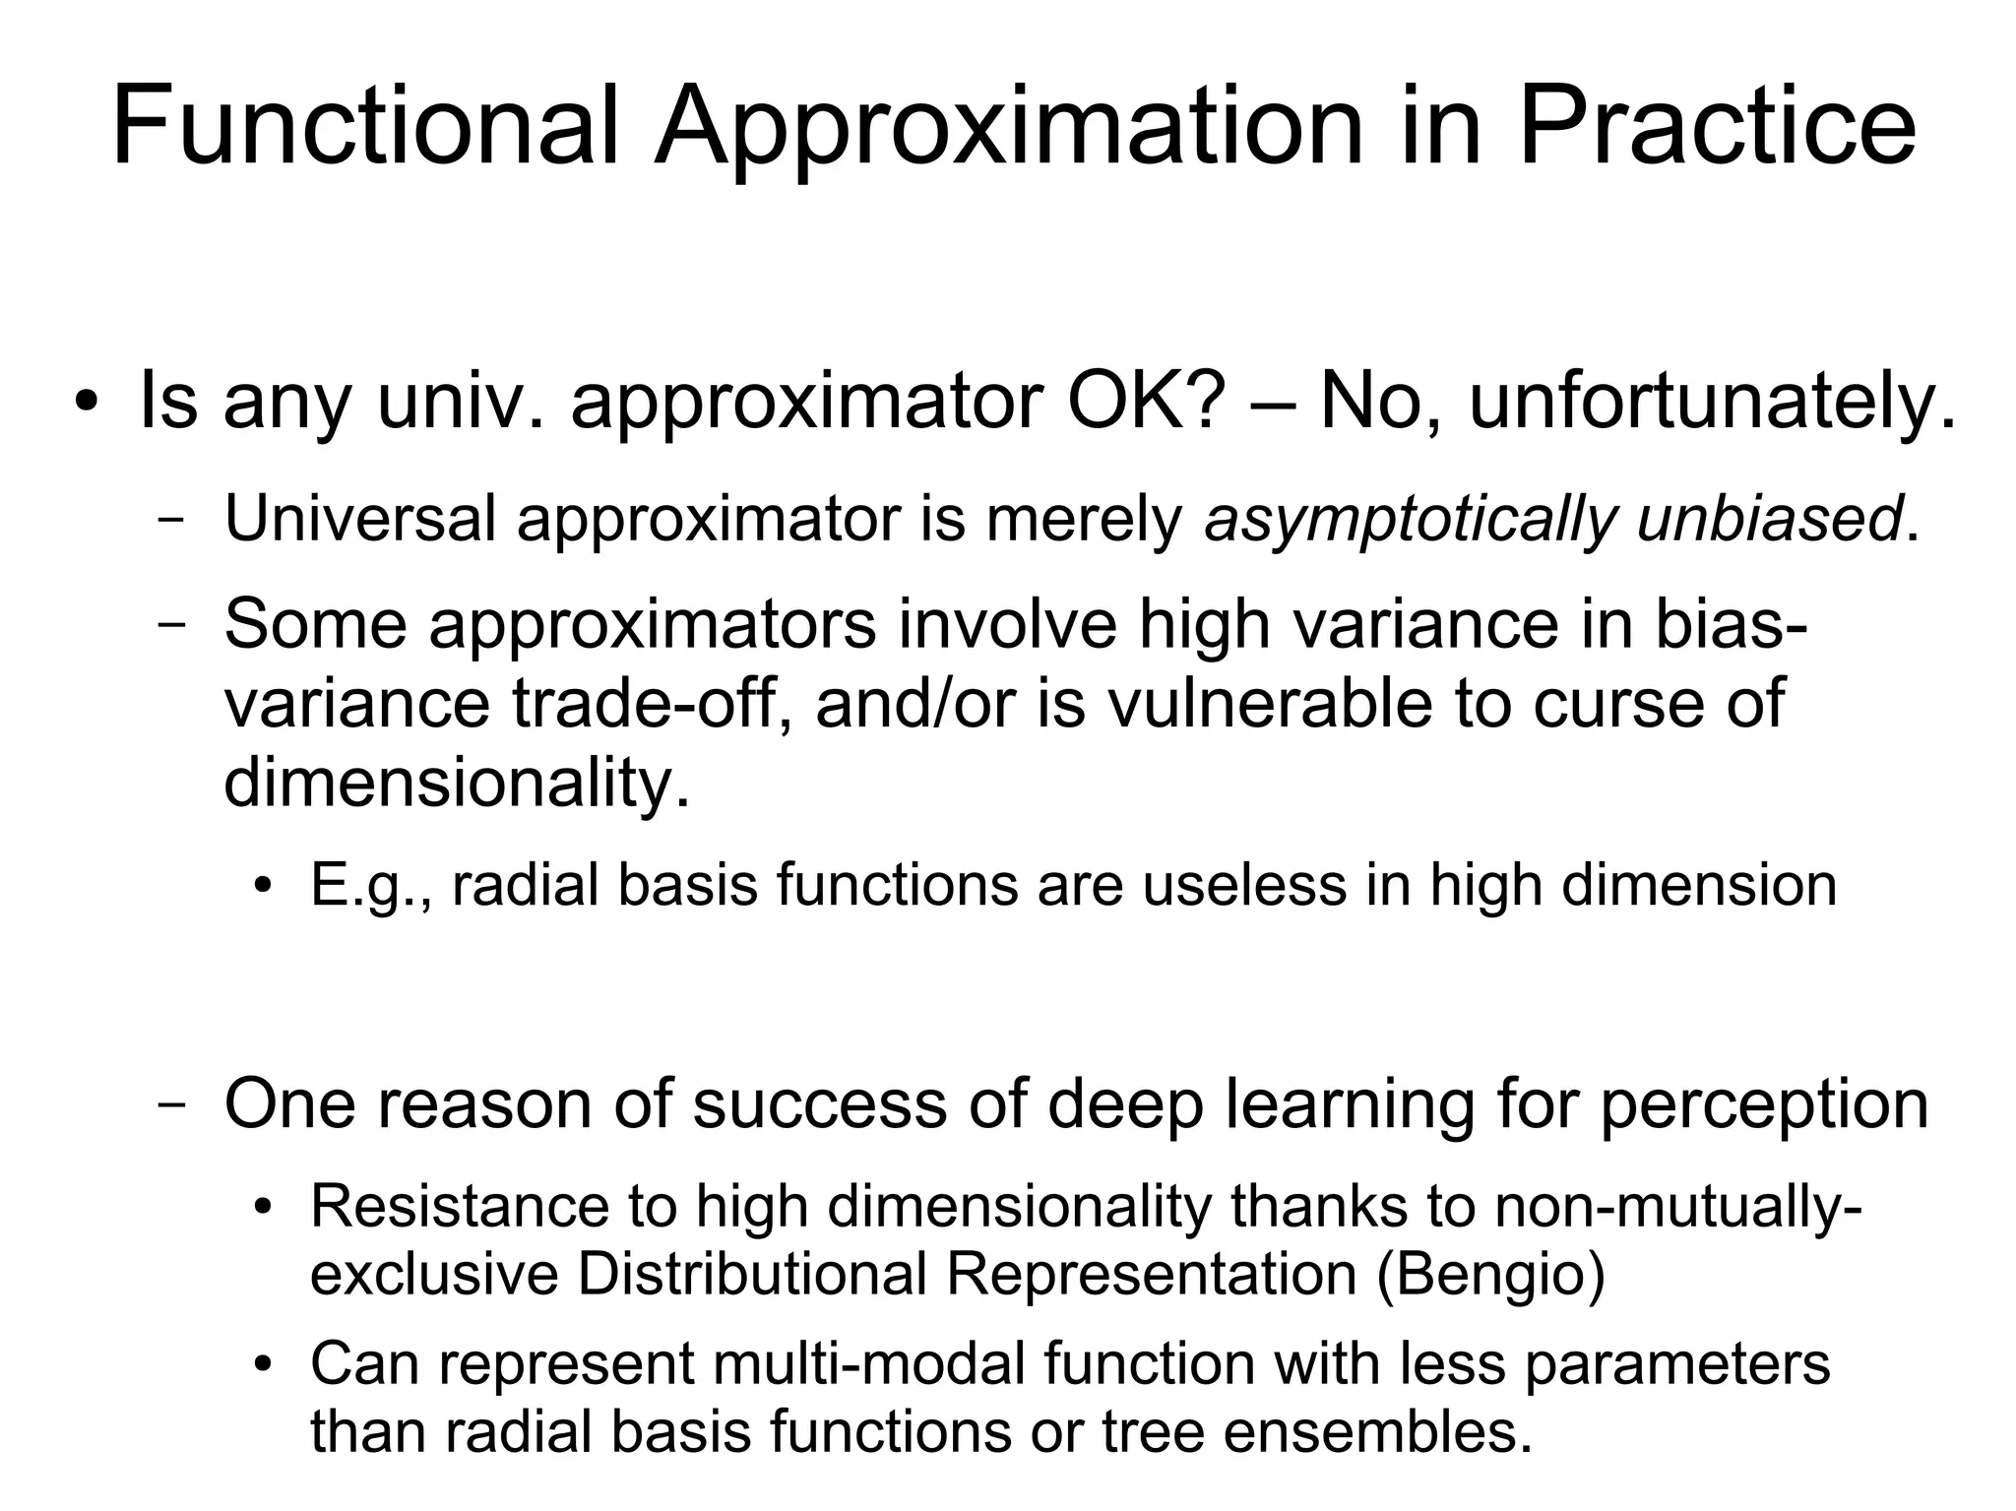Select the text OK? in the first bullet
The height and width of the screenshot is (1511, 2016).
pyautogui.click(x=1146, y=402)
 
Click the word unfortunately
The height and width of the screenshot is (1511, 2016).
pyautogui.click(x=1711, y=402)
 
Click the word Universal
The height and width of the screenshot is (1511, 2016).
pyautogui.click(x=359, y=519)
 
